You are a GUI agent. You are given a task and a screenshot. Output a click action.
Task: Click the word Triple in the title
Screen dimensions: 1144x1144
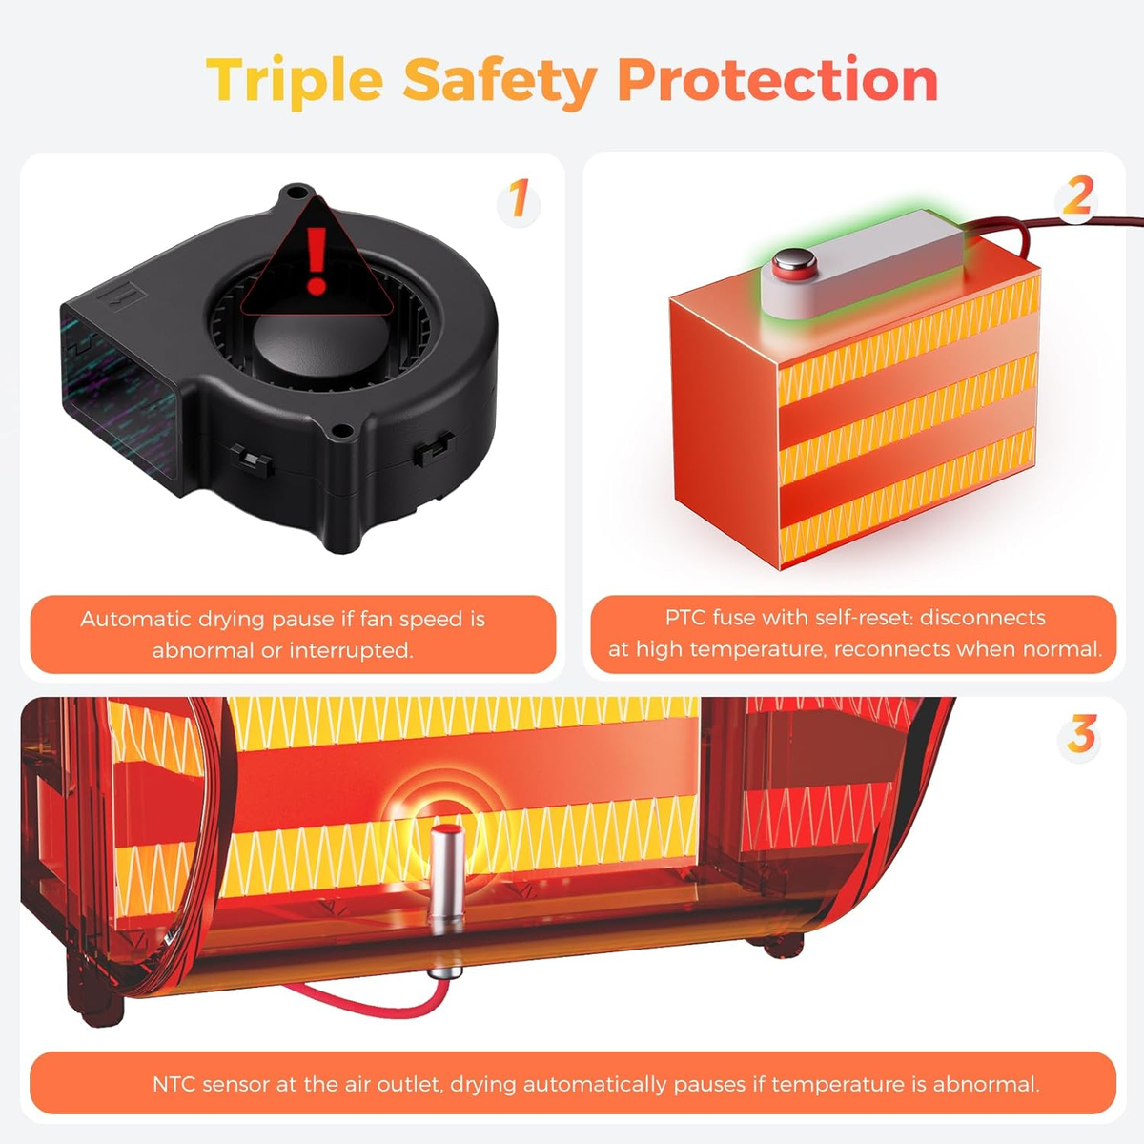click(295, 81)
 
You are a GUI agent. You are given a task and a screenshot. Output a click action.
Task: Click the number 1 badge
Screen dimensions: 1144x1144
click(519, 199)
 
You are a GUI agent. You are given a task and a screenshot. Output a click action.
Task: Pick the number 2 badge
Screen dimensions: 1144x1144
click(1077, 196)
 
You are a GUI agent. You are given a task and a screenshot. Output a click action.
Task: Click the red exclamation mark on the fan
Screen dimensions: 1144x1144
click(317, 260)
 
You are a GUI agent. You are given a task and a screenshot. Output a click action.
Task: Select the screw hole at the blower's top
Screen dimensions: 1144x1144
click(294, 193)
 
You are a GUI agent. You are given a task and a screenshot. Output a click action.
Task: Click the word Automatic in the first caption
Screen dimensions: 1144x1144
click(134, 620)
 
